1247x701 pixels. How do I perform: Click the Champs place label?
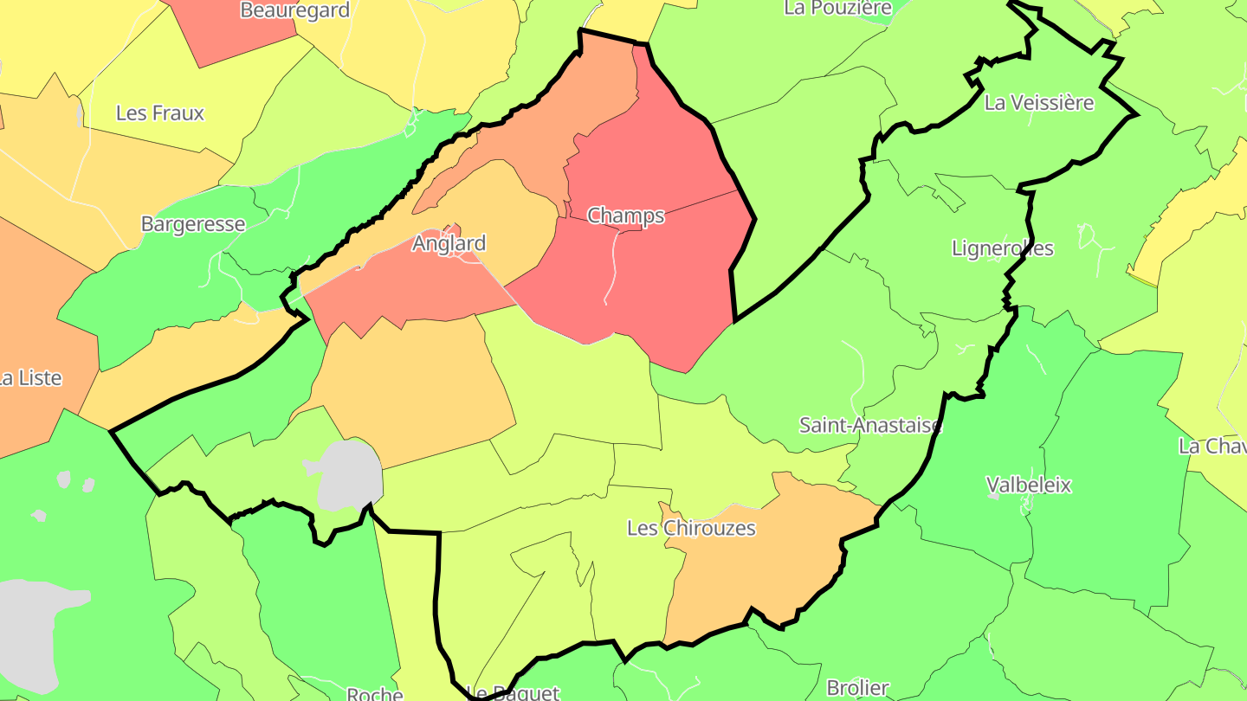pos(625,215)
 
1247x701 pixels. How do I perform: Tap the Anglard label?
pos(449,243)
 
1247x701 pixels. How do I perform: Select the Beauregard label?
pos(294,10)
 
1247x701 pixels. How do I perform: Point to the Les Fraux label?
pos(160,113)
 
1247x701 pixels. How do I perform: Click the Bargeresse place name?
pos(193,224)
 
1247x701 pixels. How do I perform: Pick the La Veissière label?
pos(1039,103)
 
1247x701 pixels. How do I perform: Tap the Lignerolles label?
pos(1002,248)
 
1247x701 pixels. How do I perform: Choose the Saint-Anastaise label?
pos(870,425)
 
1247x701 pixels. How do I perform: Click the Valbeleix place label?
pos(1029,485)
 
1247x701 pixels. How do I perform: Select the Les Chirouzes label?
pos(691,528)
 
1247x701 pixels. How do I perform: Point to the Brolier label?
pos(857,688)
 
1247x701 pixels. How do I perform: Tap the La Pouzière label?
pos(837,8)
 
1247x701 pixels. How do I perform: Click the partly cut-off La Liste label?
pos(30,378)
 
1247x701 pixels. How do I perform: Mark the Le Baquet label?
pos(513,692)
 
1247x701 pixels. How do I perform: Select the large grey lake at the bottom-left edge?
pos(35,623)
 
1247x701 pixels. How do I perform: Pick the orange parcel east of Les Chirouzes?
pos(762,554)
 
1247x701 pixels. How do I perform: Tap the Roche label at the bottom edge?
pos(374,694)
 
